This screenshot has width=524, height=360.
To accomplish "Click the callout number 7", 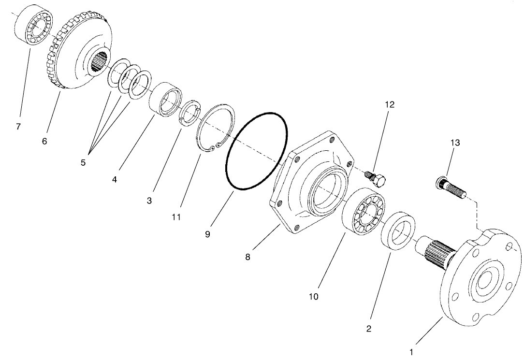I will pyautogui.click(x=18, y=127).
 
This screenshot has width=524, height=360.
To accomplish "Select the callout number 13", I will pyautogui.click(x=455, y=143).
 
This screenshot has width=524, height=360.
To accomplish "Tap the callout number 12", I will pyautogui.click(x=390, y=105).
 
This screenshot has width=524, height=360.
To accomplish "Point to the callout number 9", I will pyautogui.click(x=207, y=233).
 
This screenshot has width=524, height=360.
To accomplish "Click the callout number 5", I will pyautogui.click(x=83, y=162).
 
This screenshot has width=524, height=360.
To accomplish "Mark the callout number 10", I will pyautogui.click(x=314, y=296).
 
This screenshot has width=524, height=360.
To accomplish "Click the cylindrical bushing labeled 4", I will pyautogui.click(x=164, y=100).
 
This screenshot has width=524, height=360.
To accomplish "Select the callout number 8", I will pyautogui.click(x=247, y=257).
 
